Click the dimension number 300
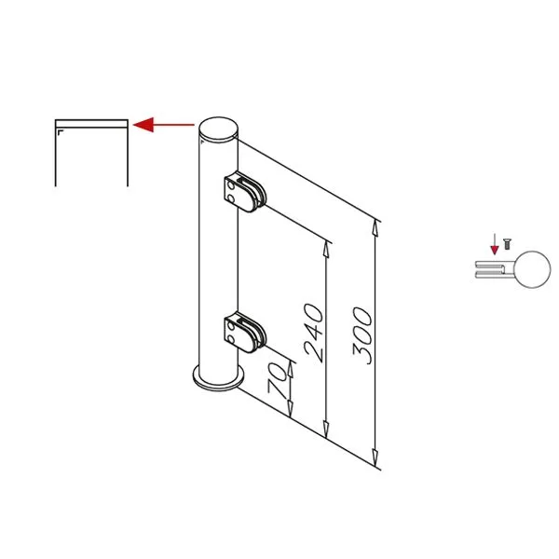click(362, 335)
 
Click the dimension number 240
click(314, 333)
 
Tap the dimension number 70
click(277, 380)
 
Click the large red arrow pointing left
click(164, 125)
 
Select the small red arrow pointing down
click(495, 244)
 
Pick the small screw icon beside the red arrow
click(507, 244)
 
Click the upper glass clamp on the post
click(245, 193)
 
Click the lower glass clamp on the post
click(245, 333)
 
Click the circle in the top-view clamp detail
click(533, 269)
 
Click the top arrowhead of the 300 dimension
click(375, 228)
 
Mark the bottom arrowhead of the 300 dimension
click(375, 457)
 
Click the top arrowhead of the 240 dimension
click(326, 249)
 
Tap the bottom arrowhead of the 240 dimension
click(326, 429)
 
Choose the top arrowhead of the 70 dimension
click(291, 370)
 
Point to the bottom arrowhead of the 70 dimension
click(291, 409)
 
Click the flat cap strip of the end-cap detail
click(91, 124)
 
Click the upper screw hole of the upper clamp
click(231, 186)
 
